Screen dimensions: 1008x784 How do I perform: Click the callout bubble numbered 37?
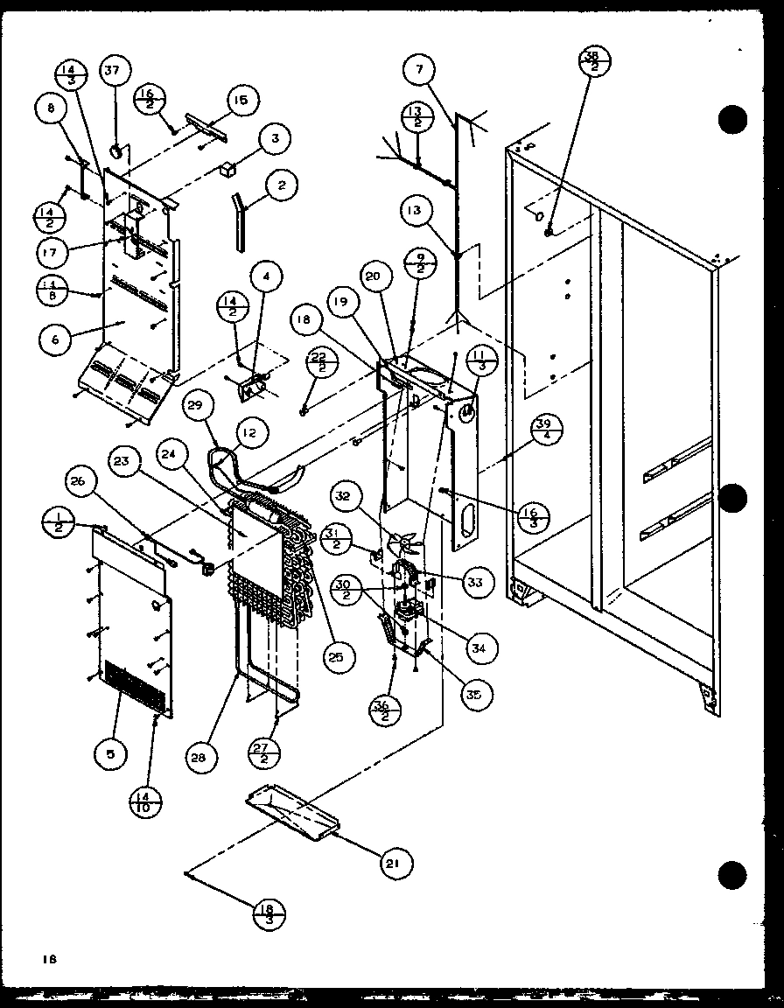pyautogui.click(x=115, y=72)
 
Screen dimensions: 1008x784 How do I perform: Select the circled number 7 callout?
pyautogui.click(x=420, y=68)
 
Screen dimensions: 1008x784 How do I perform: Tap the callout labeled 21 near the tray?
pyautogui.click(x=395, y=863)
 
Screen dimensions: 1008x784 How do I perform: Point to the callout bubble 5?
pyautogui.click(x=111, y=752)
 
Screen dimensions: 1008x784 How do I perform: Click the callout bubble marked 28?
pyautogui.click(x=200, y=759)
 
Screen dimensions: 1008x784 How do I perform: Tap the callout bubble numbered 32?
pyautogui.click(x=341, y=496)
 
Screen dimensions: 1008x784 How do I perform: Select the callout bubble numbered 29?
pyautogui.click(x=199, y=405)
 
